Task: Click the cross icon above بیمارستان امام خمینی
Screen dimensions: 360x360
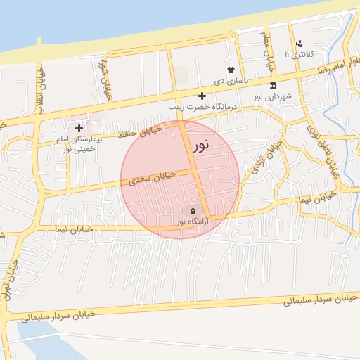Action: (x=79, y=128)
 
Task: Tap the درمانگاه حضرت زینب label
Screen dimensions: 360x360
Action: (x=202, y=106)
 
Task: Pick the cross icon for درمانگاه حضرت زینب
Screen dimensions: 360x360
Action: (x=202, y=95)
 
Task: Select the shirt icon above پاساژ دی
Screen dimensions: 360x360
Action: (x=230, y=69)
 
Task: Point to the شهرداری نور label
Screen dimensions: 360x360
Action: (x=272, y=96)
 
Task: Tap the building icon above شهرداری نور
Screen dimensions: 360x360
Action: (x=273, y=85)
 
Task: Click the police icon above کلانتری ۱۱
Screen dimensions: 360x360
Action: (x=299, y=44)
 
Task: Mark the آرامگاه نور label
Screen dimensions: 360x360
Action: (x=193, y=222)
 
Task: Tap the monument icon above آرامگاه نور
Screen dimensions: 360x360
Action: (x=193, y=211)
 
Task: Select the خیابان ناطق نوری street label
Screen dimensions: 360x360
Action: (x=321, y=147)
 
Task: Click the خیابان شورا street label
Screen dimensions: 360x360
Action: (x=108, y=79)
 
